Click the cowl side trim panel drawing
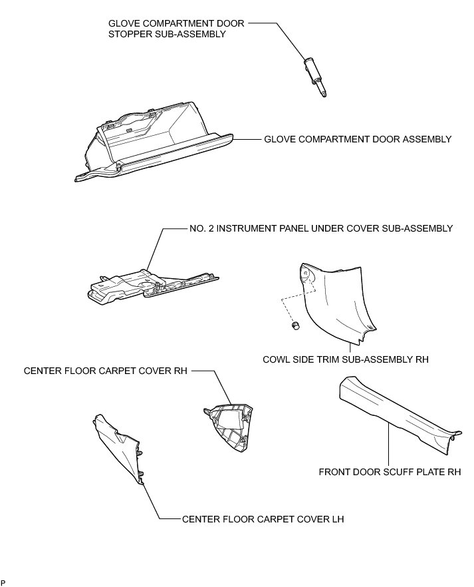(x=339, y=299)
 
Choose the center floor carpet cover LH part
(x=119, y=446)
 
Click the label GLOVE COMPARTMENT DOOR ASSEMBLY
(x=358, y=140)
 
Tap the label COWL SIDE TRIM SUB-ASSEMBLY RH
(x=346, y=359)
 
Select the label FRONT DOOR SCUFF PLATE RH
(x=390, y=473)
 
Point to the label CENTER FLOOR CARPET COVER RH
(x=104, y=371)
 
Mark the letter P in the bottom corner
(x=3, y=582)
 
